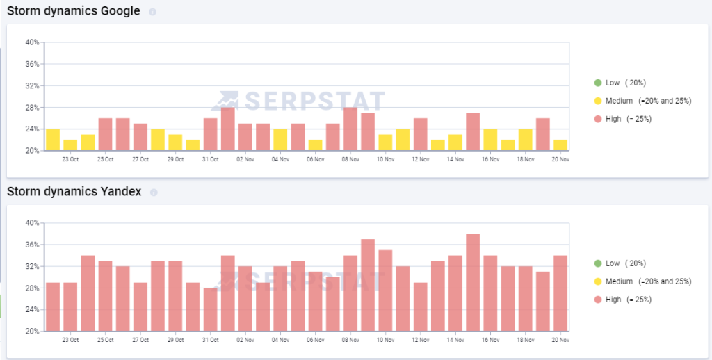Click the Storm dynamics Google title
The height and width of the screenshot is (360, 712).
[73, 11]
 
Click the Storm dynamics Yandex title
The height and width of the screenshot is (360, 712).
[74, 191]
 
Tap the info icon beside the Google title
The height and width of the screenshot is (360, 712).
[153, 12]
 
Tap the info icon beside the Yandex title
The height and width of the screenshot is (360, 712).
[154, 192]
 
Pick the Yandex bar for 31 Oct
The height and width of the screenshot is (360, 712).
[210, 309]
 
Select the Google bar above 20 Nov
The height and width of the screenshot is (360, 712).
[560, 145]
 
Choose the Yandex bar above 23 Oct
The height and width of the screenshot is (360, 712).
[70, 306]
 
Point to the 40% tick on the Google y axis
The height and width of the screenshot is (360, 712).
[32, 42]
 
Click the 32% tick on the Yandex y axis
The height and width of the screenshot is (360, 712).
[32, 266]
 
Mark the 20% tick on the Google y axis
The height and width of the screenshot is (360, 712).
[32, 151]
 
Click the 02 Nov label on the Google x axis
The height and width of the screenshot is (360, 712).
[245, 159]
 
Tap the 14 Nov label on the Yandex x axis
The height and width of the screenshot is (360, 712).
[455, 340]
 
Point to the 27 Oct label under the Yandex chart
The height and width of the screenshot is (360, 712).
[140, 340]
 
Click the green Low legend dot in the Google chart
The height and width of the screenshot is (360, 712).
[597, 83]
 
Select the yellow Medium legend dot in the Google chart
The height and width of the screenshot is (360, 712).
[597, 101]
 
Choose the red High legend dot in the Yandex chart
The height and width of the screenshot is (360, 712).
[597, 300]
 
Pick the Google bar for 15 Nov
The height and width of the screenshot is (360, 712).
[473, 131]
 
